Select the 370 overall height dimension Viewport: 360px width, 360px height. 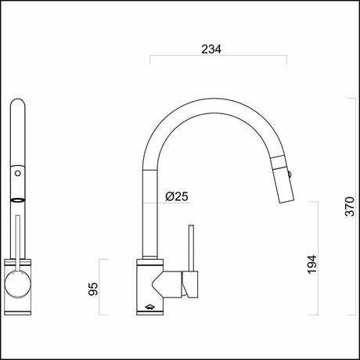[351, 206]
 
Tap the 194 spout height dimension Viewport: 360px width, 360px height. [312, 264]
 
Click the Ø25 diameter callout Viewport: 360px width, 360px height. [177, 196]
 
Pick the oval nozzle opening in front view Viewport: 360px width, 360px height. [19, 200]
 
